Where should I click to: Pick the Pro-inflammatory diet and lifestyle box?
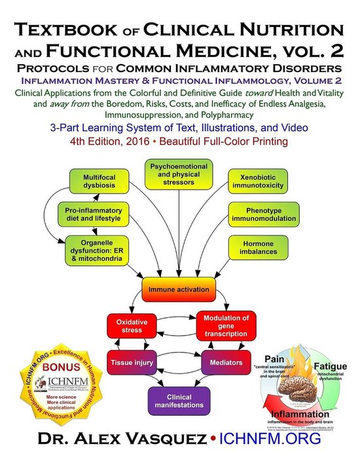[x=94, y=216]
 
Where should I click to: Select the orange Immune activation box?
[x=178, y=289]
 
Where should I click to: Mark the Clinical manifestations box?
[x=178, y=400]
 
